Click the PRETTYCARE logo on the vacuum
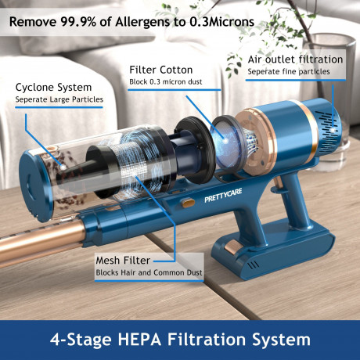(223, 196)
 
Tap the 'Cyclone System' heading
(53, 88)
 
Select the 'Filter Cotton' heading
(161, 70)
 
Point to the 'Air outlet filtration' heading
(295, 59)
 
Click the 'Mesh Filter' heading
(123, 261)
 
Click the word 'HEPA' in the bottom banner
(139, 340)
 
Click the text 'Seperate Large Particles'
(59, 99)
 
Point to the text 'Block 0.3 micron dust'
(166, 82)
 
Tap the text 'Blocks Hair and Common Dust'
(149, 273)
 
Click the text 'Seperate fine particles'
(289, 72)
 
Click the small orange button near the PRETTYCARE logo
(188, 203)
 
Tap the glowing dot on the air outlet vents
(333, 130)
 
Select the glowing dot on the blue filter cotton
(225, 141)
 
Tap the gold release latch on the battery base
(232, 247)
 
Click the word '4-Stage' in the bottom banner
(81, 340)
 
